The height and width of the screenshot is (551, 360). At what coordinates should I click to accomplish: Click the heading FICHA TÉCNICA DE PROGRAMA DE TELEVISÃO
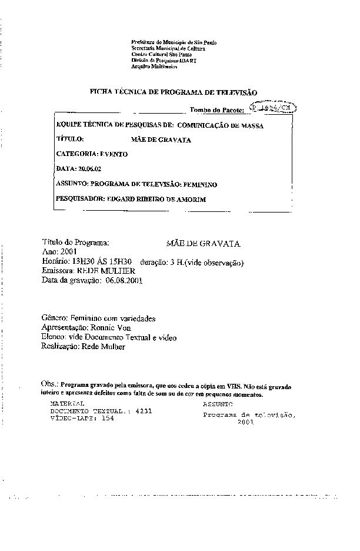pos(173,92)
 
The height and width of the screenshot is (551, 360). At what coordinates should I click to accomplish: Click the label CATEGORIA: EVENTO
pos(92,154)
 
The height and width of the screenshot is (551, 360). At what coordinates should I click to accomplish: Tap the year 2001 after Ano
pos(69,251)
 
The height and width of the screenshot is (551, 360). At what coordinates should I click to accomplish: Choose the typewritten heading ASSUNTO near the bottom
pos(218,404)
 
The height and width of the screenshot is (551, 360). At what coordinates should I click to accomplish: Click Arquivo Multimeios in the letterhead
pos(155,67)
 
